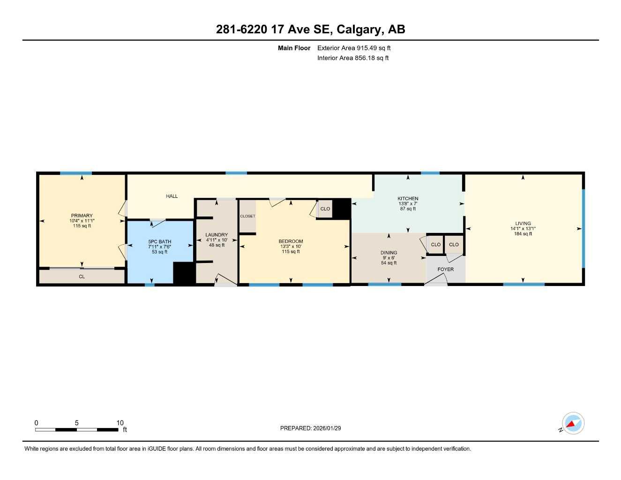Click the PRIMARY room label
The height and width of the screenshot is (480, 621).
82,216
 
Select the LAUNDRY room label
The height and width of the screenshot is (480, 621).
217,235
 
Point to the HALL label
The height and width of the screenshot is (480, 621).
172,196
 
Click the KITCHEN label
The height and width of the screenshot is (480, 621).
408,199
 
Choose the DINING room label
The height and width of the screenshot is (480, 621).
389,253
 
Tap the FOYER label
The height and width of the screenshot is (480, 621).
445,270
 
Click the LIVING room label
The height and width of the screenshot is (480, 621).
523,224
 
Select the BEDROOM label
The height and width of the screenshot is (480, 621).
291,241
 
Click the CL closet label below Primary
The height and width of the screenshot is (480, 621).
82,277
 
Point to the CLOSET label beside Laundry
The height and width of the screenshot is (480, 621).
247,216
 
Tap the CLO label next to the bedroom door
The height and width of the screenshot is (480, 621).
325,209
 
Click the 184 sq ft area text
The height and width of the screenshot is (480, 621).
523,234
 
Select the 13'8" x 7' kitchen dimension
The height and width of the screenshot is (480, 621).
408,204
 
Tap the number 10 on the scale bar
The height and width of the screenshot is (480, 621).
120,423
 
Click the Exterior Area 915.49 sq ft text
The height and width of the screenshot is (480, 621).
354,48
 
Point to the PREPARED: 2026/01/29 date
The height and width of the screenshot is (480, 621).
310,428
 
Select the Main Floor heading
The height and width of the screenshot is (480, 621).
294,48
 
